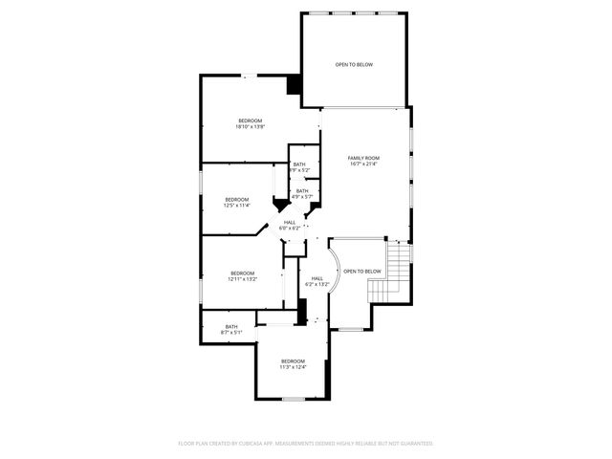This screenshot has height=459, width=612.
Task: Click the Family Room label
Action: (363, 158)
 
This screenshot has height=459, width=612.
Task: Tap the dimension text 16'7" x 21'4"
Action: (363, 164)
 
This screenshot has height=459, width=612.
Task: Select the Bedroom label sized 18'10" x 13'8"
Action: (250, 120)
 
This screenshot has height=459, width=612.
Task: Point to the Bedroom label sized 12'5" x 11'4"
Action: (236, 199)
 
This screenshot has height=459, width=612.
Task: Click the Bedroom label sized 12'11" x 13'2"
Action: (242, 273)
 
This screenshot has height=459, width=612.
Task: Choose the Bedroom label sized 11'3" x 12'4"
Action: (293, 361)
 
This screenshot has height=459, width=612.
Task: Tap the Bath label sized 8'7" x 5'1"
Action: (231, 327)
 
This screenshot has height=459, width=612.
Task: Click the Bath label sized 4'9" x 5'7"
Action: (302, 191)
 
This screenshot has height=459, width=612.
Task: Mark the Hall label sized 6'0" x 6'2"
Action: (290, 223)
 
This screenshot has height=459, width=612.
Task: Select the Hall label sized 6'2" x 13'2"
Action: (317, 278)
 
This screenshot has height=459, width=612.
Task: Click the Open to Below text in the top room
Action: (354, 65)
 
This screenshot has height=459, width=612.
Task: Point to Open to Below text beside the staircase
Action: (361, 271)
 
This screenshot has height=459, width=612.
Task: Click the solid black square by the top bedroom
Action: (295, 85)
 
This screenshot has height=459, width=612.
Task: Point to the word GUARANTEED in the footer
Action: (414, 444)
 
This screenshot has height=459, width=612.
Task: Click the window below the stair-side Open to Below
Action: (352, 330)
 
